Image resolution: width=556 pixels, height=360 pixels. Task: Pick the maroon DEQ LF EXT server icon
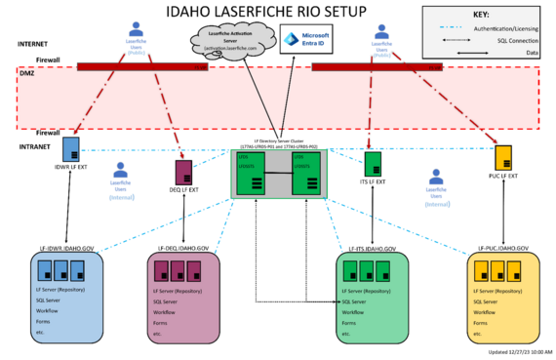pyautogui.click(x=181, y=172)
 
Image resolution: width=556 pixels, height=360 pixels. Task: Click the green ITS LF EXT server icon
pyautogui.click(x=372, y=163)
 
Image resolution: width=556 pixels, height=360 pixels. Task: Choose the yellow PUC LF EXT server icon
pyautogui.click(x=503, y=156)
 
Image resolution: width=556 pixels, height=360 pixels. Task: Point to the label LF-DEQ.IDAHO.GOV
pyautogui.click(x=184, y=249)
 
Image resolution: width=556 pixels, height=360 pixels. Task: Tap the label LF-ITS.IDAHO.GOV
pyautogui.click(x=373, y=249)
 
